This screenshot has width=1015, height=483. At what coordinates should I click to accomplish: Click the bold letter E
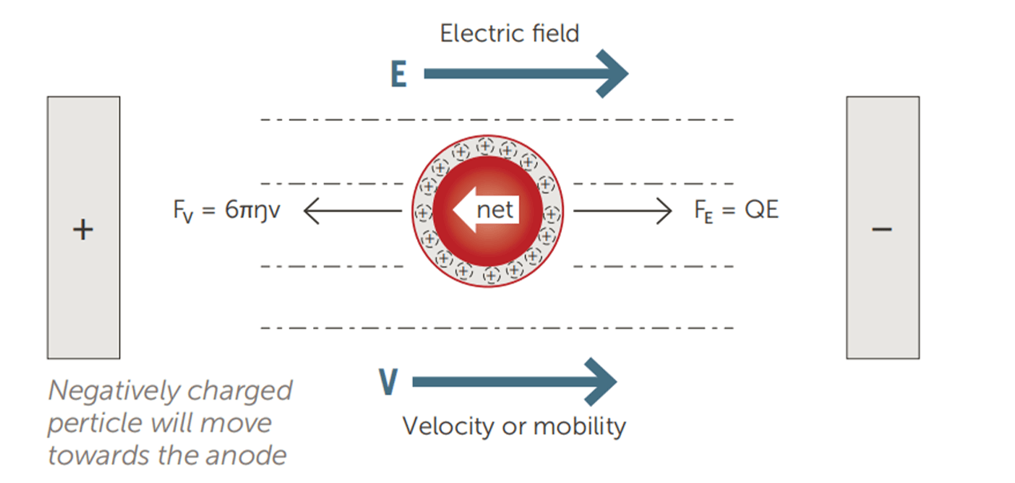tap(397, 74)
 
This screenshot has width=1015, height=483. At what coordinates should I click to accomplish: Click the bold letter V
tap(388, 383)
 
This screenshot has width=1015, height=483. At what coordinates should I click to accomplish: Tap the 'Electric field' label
tap(509, 33)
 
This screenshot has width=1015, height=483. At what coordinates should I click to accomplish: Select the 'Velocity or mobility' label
tap(513, 426)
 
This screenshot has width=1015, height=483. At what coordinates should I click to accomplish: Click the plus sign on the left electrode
tap(83, 230)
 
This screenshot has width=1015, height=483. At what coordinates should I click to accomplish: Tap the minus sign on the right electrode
tap(881, 229)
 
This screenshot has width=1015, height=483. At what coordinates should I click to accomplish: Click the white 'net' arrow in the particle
tap(485, 211)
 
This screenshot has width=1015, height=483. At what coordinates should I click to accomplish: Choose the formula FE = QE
tap(736, 211)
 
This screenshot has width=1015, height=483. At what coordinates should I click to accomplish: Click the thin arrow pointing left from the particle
tap(352, 211)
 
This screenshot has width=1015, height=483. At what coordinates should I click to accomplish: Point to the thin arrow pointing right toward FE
tap(623, 211)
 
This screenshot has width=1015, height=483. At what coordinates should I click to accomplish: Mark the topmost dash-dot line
tap(496, 119)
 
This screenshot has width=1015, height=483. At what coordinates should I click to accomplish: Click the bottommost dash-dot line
tap(496, 328)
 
